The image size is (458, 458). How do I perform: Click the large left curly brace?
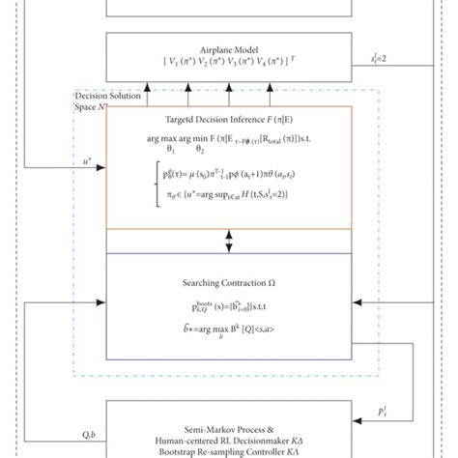(x=143, y=186)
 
